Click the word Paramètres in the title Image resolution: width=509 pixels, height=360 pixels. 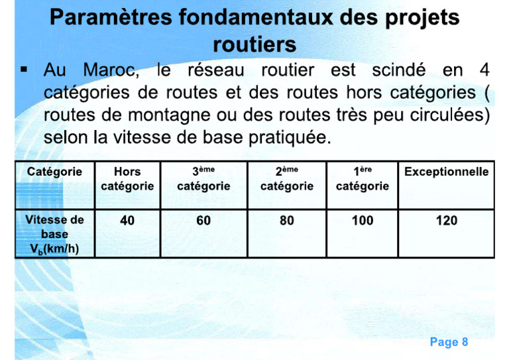click(x=107, y=18)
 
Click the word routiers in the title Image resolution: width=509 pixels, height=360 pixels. click(x=254, y=44)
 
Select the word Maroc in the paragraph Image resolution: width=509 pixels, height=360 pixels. click(x=109, y=70)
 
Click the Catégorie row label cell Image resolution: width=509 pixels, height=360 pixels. click(x=55, y=172)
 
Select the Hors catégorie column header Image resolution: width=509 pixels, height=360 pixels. click(x=127, y=179)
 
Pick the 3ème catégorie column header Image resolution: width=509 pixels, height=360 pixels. click(x=203, y=179)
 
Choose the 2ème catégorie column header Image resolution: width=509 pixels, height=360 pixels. click(x=287, y=179)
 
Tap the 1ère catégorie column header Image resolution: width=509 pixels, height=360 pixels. click(x=363, y=179)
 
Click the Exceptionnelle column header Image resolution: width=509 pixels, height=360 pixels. click(x=446, y=172)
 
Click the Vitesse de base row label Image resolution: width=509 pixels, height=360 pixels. click(x=55, y=234)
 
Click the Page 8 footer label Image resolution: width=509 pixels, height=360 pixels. click(x=449, y=342)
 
